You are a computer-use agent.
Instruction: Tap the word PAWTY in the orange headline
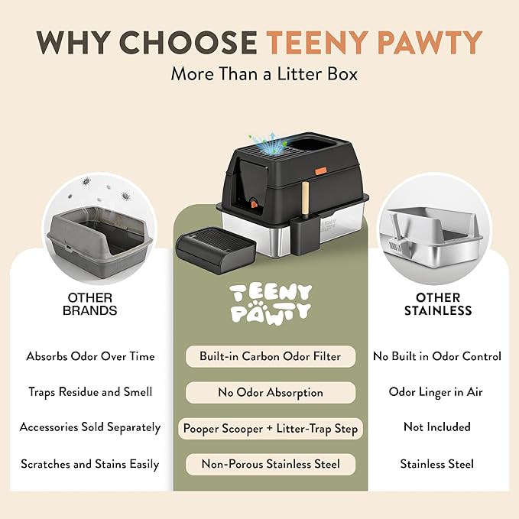(430, 42)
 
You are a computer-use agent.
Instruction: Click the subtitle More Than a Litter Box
(264, 73)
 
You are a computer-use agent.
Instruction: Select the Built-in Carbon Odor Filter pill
(271, 356)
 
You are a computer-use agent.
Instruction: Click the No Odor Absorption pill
(271, 393)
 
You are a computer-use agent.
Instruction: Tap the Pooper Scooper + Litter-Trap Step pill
(271, 429)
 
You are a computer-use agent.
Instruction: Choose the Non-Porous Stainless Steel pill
(271, 464)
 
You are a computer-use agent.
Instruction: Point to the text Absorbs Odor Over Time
(90, 356)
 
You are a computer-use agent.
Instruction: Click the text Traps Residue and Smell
(90, 392)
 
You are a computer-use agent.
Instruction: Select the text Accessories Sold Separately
(90, 427)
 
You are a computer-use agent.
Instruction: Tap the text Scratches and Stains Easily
(90, 464)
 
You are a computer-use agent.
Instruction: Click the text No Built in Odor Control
(437, 356)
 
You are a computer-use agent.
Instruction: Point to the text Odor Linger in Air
(436, 392)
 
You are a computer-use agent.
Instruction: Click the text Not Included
(437, 427)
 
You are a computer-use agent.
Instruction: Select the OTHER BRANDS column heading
(90, 304)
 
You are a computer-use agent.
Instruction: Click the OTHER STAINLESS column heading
(438, 304)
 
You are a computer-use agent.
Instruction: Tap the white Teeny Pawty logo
(271, 303)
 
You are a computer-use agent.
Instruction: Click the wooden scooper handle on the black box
(306, 199)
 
